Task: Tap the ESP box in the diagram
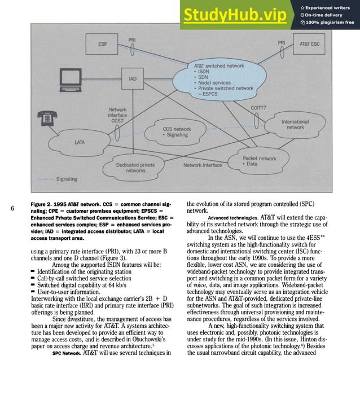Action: point(102,44)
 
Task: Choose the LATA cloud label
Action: point(80,142)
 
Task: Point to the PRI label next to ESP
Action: point(131,40)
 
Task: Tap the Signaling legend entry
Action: point(67,179)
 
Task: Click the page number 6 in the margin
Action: point(12,209)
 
